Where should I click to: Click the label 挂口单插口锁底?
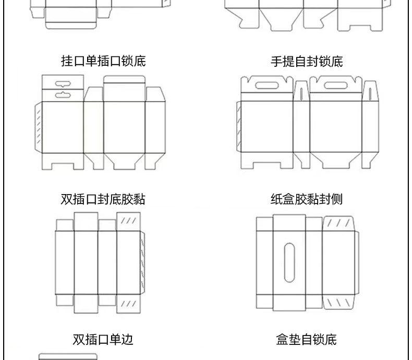(103, 61)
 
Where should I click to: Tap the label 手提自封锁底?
(307, 62)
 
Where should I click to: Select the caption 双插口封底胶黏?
(103, 199)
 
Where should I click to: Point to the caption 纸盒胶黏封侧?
(307, 199)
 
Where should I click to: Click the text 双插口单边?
(103, 340)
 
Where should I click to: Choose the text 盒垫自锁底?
(307, 340)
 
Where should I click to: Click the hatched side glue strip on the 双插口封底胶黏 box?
(141, 263)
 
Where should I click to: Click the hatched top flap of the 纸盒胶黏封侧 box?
(340, 223)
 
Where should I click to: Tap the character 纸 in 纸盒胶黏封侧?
(276, 199)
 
